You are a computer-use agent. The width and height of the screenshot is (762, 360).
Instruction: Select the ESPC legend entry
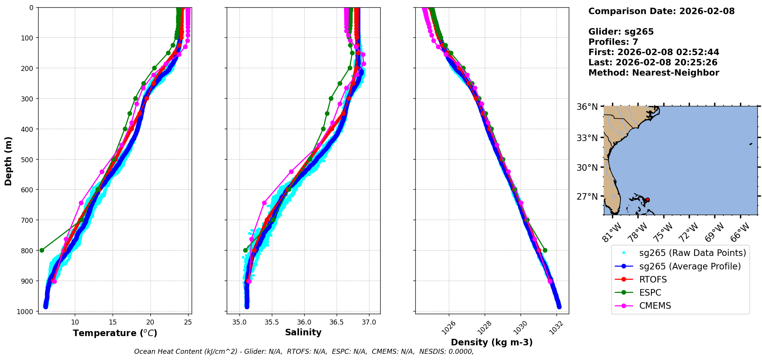pos(650,293)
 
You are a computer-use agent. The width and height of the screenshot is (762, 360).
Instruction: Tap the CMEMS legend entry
pos(655,306)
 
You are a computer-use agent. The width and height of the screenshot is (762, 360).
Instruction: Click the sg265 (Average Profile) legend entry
pos(690,266)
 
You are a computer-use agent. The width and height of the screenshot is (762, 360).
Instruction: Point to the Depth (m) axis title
pos(8,161)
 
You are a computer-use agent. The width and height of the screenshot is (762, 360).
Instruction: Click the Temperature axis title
pos(115,333)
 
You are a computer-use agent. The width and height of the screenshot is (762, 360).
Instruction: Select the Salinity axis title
pos(303,332)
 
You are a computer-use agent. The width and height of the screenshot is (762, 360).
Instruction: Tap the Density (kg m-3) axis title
pos(492,342)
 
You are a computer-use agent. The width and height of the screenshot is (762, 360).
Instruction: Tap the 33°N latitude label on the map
pos(587,138)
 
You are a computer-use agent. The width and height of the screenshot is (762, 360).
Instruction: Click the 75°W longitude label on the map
pos(663,232)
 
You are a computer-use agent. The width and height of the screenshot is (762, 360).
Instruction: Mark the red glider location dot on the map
pos(647,200)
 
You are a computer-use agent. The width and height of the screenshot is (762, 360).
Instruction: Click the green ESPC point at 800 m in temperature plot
pos(42,250)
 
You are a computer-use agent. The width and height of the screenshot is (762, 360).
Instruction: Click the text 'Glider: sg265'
pos(621,32)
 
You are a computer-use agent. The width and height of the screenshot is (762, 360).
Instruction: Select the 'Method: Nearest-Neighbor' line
pos(654,72)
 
